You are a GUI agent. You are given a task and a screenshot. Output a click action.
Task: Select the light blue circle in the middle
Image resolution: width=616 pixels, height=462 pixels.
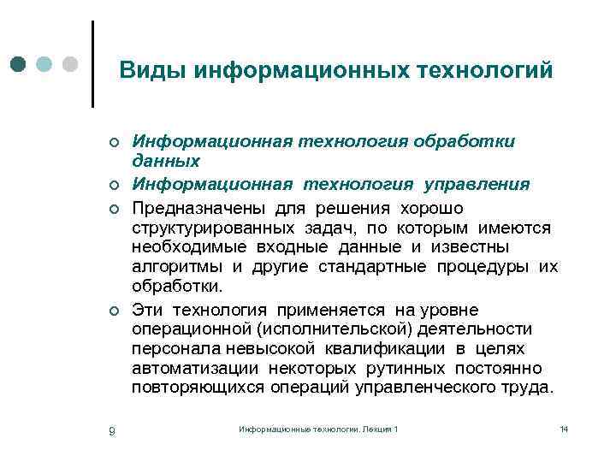(x=45, y=64)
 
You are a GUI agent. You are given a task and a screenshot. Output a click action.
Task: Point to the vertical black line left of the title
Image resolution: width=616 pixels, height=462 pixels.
(x=92, y=64)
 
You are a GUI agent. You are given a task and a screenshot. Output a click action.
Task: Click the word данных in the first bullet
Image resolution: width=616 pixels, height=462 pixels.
(x=166, y=160)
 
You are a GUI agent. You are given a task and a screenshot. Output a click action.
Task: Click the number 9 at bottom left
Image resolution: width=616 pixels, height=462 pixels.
(x=112, y=430)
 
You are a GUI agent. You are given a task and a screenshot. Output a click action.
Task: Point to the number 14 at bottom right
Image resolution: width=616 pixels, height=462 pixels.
(x=563, y=428)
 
